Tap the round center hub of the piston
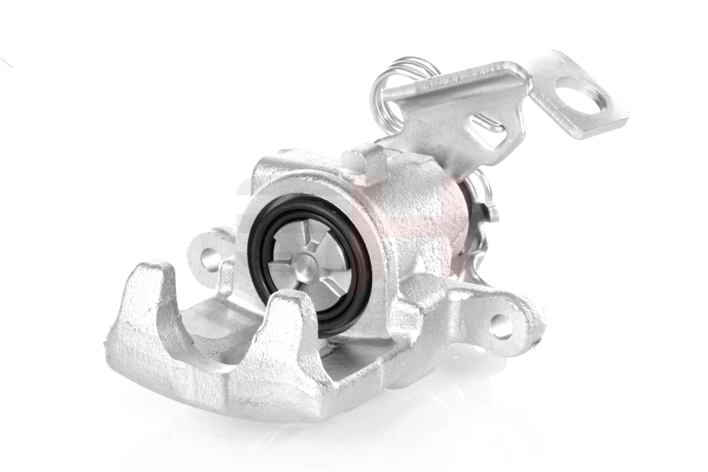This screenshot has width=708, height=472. [x=306, y=267]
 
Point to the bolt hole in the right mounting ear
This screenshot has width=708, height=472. [x=500, y=326]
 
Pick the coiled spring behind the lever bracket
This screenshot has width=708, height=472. [x=389, y=83]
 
